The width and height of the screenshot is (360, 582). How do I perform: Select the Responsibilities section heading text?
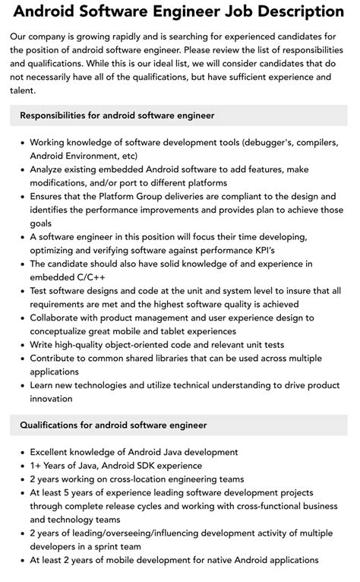pos(118,115)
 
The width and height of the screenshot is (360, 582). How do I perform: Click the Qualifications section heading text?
pos(114,425)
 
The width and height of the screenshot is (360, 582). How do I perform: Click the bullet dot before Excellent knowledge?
pos(21,452)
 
